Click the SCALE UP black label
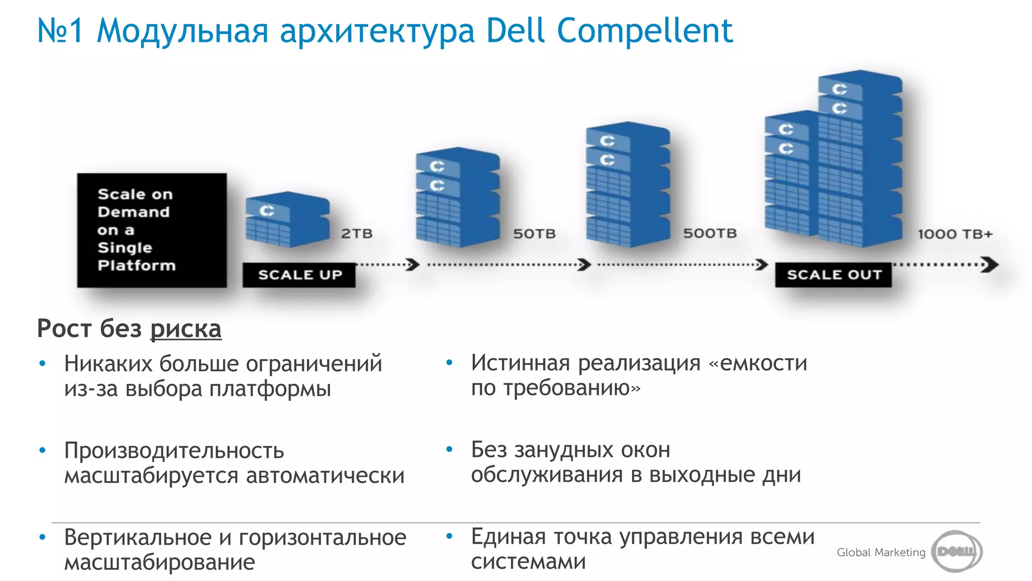[x=299, y=275]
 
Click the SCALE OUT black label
[x=833, y=275]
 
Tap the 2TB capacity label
[x=357, y=234]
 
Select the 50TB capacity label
[x=534, y=234]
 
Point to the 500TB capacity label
[x=709, y=233]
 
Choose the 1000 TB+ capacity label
[x=954, y=234]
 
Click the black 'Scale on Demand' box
[x=152, y=230]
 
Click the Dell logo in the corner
[x=956, y=551]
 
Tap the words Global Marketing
[x=881, y=552]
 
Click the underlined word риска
[x=186, y=329]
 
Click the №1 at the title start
[x=60, y=31]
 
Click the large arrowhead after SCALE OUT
[x=990, y=264]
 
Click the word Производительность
[x=174, y=450]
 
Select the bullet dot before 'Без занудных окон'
[x=449, y=449]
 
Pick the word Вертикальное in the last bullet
[x=138, y=537]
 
